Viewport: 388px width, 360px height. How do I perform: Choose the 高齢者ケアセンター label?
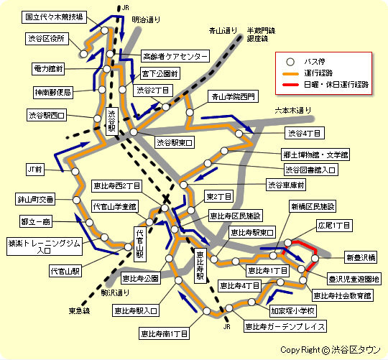(175, 56)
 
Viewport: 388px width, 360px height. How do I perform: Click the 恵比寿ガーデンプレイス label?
(285, 326)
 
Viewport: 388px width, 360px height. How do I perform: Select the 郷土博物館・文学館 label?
(315, 154)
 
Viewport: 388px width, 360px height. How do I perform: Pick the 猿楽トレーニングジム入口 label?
(39, 246)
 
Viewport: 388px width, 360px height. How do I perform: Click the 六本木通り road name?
(294, 110)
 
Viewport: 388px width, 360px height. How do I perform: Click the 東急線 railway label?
(79, 310)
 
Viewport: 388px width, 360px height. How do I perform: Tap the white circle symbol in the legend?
(290, 61)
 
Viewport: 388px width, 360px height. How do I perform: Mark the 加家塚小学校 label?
(292, 311)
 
